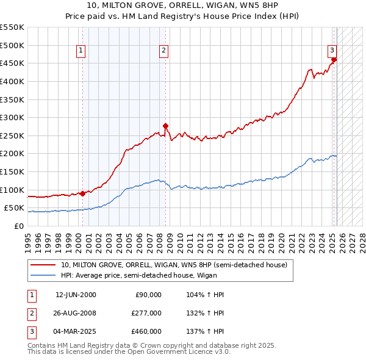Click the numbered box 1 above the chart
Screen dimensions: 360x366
82,51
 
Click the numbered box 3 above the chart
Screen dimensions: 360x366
332,51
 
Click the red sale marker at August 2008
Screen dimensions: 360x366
165,126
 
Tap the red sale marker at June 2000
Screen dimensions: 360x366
82,193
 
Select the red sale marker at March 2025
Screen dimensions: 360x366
334,59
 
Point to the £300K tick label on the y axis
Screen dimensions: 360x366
12,117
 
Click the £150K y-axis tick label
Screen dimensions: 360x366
12,171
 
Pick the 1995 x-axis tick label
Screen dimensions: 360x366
28,239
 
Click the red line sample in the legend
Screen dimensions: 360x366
43,265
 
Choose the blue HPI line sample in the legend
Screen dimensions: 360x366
43,275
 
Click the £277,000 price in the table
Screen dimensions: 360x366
146,313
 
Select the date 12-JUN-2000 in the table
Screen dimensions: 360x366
76,295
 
